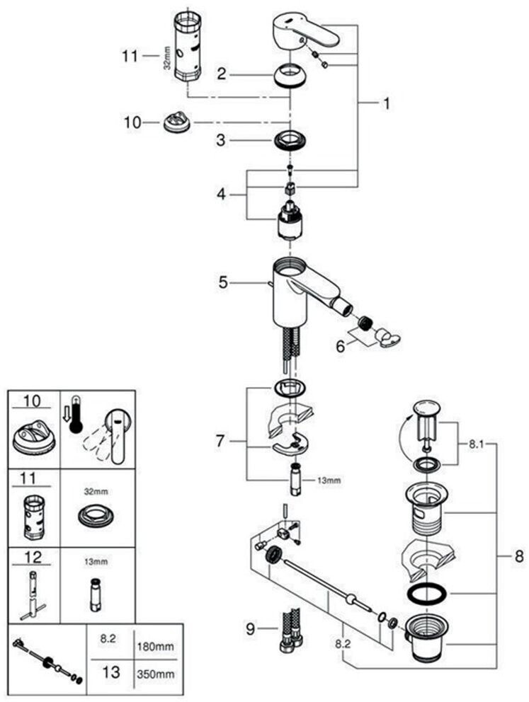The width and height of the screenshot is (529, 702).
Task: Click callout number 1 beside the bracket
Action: [387, 104]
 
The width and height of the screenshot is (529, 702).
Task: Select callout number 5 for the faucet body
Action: [224, 282]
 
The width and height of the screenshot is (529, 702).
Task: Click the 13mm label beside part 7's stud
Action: [329, 481]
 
